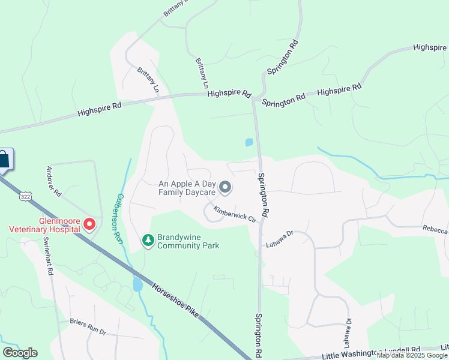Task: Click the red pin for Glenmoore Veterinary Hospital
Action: pyautogui.click(x=89, y=224)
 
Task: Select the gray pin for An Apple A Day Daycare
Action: pyautogui.click(x=225, y=188)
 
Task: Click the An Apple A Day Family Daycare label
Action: pyautogui.click(x=187, y=188)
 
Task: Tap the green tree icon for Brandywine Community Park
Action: pyautogui.click(x=148, y=240)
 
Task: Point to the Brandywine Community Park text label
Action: pyautogui.click(x=188, y=241)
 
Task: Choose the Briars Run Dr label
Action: pyautogui.click(x=87, y=326)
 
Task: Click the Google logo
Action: pyautogui.click(x=20, y=353)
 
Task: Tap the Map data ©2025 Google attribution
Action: pyautogui.click(x=412, y=355)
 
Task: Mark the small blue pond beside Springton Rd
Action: pyautogui.click(x=249, y=143)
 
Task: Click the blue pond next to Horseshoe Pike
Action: pyautogui.click(x=137, y=284)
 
